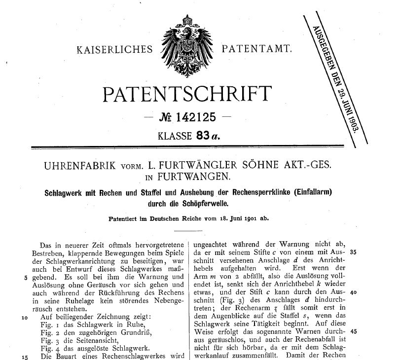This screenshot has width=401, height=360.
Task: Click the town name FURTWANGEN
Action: coord(201,176)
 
